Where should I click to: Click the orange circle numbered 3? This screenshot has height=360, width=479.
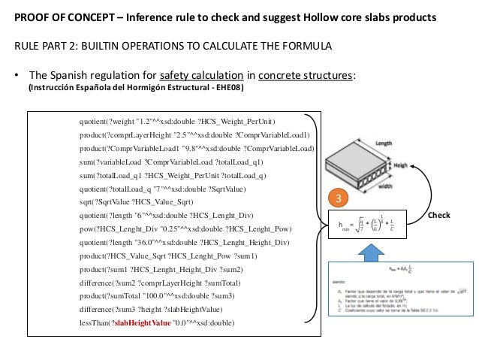coord(339,199)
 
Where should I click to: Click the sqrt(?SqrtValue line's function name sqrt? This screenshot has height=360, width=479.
coord(86,202)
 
